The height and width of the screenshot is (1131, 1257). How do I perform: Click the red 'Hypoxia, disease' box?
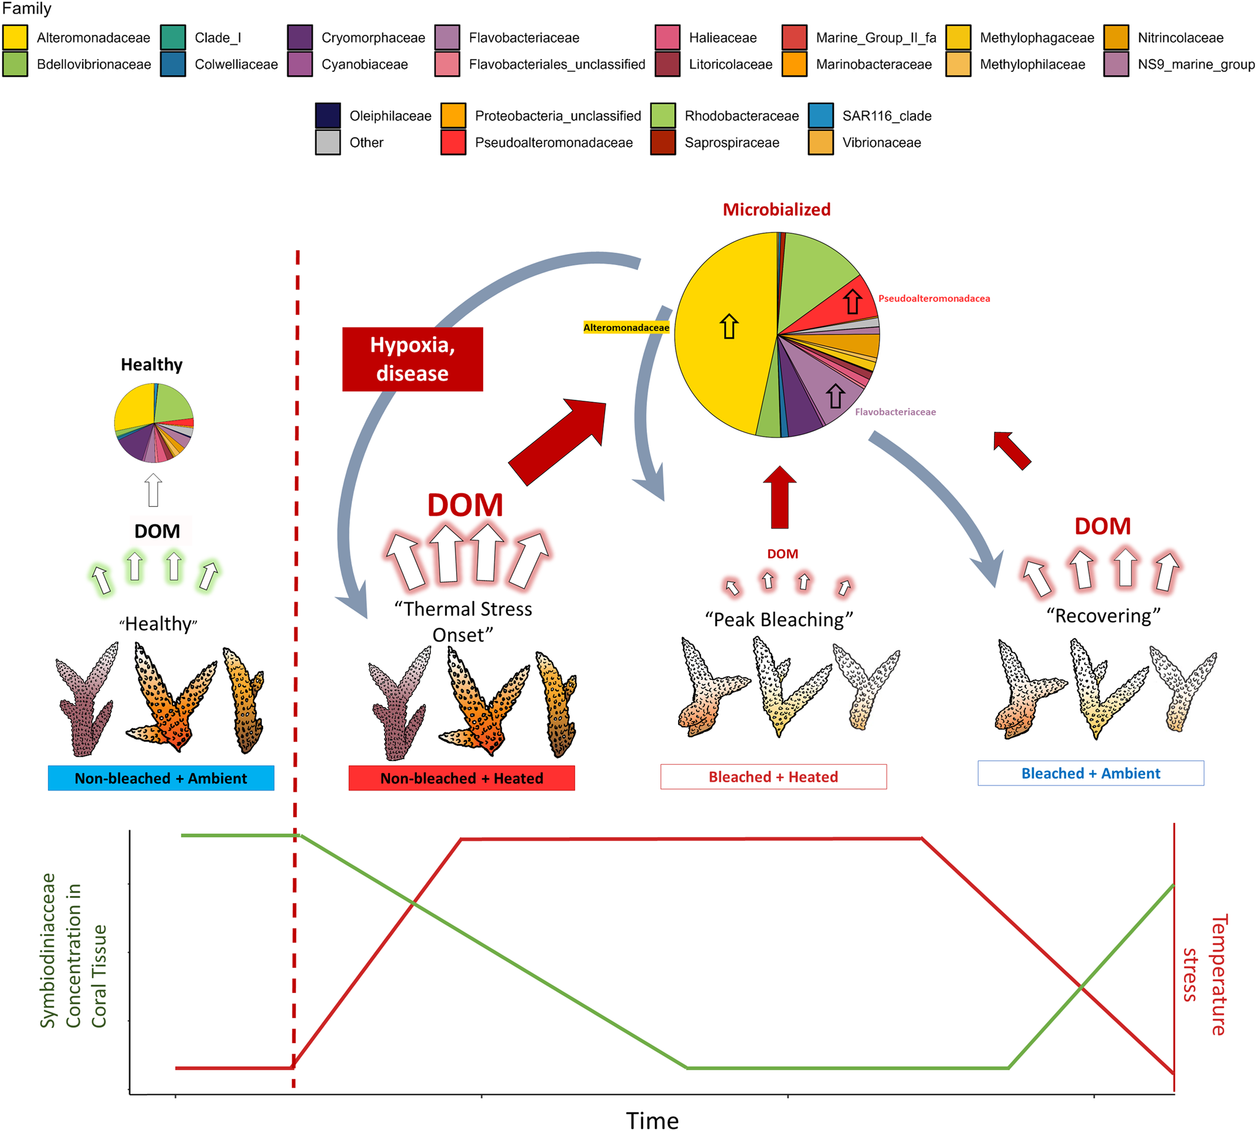coord(413,359)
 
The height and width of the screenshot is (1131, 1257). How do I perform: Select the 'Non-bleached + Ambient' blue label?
coord(161,778)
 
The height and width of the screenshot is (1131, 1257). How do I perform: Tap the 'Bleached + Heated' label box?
coord(773,777)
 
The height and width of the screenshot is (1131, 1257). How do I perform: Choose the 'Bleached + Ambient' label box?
coord(1091,773)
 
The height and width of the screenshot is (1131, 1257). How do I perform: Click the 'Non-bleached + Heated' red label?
coord(462,778)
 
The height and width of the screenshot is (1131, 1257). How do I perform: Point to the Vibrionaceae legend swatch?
coord(820,142)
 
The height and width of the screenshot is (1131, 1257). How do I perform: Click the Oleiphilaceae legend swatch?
coord(327,115)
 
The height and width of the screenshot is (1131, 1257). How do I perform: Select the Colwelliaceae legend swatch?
coord(173,64)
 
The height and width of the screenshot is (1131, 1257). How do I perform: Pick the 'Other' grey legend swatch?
coord(327,142)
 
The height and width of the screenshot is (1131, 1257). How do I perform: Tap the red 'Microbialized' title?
coord(776,209)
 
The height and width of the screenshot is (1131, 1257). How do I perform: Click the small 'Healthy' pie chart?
coord(154,423)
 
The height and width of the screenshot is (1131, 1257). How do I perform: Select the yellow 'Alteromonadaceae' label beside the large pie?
coord(626,328)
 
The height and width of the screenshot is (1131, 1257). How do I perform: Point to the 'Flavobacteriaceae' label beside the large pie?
coord(895,412)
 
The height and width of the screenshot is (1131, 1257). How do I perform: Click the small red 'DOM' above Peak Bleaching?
coord(782,554)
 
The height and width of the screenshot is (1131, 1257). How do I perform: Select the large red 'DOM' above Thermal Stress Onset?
coord(465,505)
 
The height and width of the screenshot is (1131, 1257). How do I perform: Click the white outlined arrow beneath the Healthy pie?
coord(153,490)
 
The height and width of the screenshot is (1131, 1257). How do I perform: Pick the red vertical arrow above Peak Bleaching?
coord(779,497)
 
